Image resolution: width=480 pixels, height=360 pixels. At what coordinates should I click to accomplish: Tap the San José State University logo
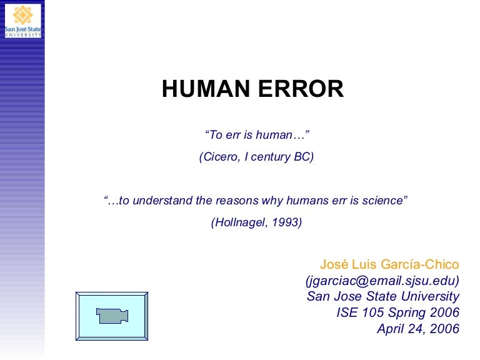22,19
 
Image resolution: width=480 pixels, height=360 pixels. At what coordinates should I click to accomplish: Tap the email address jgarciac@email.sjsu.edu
382,280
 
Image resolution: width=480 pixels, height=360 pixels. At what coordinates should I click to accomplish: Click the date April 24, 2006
418,329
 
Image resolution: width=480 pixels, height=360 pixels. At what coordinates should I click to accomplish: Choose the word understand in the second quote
157,201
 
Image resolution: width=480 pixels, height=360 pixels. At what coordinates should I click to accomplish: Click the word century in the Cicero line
271,157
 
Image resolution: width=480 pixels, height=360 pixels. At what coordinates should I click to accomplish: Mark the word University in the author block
431,296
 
